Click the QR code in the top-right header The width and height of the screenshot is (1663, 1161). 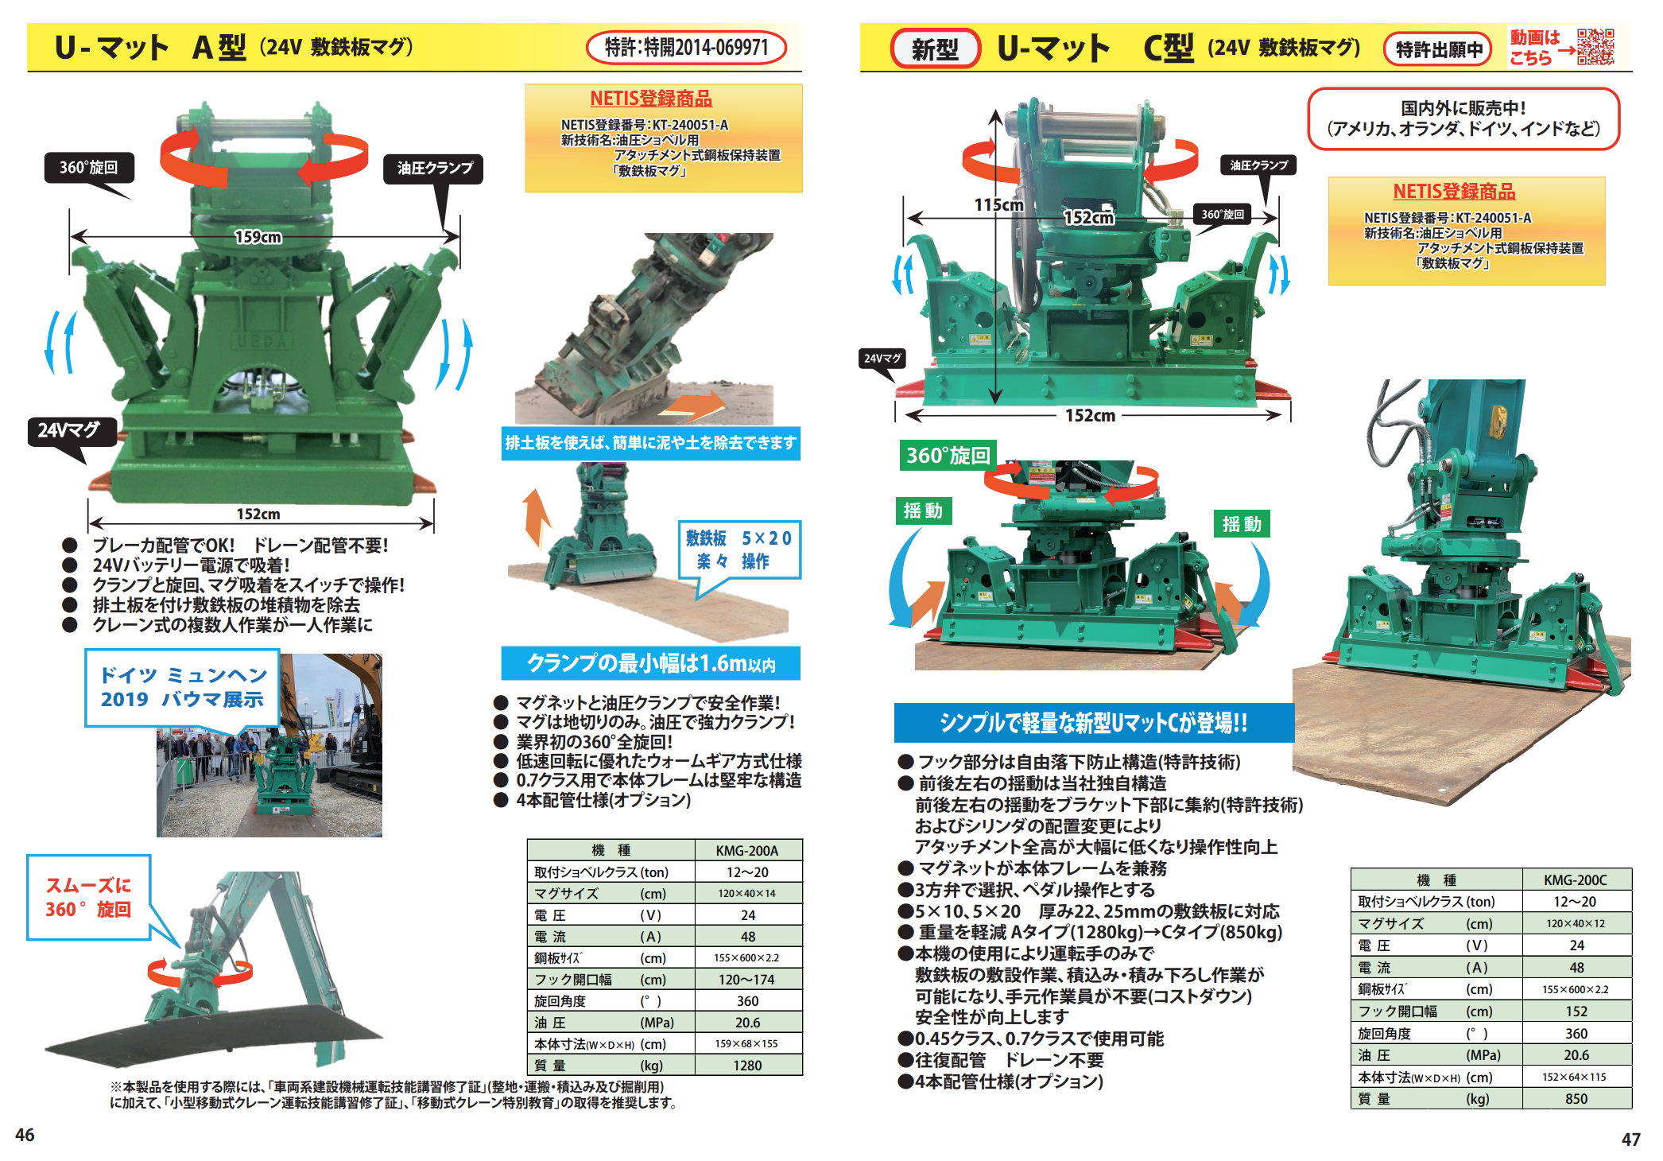[1595, 47]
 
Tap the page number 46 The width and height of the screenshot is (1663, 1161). [25, 1135]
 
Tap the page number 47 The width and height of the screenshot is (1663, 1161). [1630, 1139]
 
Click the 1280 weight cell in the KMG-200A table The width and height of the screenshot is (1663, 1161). [747, 1066]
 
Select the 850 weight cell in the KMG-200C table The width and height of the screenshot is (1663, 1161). [1576, 1099]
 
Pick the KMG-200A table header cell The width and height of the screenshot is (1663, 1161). [747, 850]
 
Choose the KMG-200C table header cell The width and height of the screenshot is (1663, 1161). [1576, 879]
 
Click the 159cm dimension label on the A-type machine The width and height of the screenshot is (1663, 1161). [258, 237]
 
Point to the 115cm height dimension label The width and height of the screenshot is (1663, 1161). [998, 205]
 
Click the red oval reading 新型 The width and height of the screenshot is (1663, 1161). [936, 49]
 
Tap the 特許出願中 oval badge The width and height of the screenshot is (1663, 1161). [1439, 49]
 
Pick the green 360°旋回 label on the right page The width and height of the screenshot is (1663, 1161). [948, 456]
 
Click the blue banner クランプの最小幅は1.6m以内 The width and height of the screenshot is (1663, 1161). [650, 663]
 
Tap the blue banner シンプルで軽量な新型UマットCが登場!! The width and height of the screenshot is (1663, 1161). [1094, 722]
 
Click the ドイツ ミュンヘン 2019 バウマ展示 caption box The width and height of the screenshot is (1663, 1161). [182, 688]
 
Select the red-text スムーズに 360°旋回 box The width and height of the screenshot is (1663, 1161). [89, 898]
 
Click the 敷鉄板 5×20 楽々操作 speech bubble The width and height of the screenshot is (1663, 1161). [739, 551]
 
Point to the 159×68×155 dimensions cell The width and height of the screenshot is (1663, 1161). [746, 1043]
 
